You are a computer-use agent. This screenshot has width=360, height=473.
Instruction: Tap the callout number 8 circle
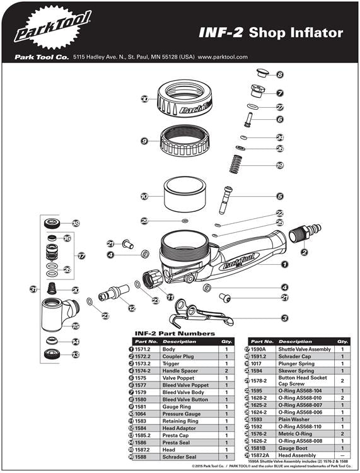tap(280, 74)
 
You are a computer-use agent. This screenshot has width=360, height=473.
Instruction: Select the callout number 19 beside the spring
tap(280, 166)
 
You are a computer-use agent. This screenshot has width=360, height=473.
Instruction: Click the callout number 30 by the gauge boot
tap(144, 99)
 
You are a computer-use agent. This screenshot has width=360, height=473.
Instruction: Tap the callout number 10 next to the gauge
tap(144, 197)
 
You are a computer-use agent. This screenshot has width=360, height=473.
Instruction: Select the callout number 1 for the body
tap(284, 265)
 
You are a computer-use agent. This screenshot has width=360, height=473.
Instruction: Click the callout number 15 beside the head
tap(75, 326)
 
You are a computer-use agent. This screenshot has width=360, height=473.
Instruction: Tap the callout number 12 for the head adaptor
tap(131, 308)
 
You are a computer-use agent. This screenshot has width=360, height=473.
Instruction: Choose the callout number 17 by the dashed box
tap(81, 256)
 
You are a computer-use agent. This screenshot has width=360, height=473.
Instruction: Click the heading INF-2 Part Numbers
tap(175, 333)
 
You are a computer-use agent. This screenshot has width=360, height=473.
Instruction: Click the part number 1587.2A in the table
tap(260, 455)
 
